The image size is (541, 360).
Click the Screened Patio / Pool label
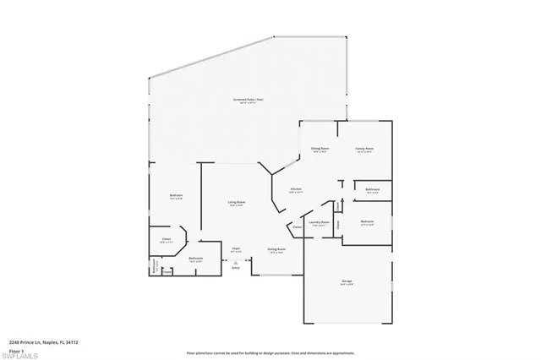248,101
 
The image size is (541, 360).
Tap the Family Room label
365,150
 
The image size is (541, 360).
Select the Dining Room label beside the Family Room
320,150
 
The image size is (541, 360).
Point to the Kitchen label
296,191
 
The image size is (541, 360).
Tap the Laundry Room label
319,224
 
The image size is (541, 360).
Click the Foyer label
237,249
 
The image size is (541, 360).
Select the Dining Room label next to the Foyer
276,250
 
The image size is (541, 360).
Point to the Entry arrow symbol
236,265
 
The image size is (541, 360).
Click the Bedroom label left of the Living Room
176,197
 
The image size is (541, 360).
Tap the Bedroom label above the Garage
366,224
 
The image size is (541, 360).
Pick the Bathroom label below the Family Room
372,191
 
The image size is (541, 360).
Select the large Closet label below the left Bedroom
167,241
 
